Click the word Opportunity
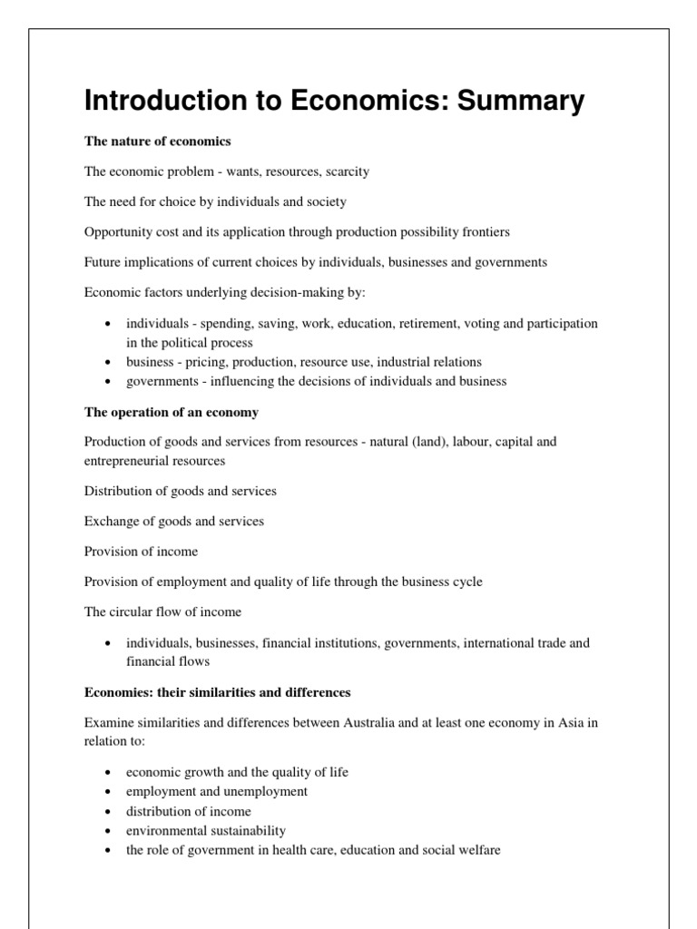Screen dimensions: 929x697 click(119, 231)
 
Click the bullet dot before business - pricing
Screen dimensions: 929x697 click(108, 362)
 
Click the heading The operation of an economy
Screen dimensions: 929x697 click(171, 412)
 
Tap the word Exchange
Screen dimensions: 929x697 click(111, 521)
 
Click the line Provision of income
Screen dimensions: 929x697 click(141, 551)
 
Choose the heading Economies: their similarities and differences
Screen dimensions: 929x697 click(217, 692)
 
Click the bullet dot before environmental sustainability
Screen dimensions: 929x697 click(108, 831)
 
